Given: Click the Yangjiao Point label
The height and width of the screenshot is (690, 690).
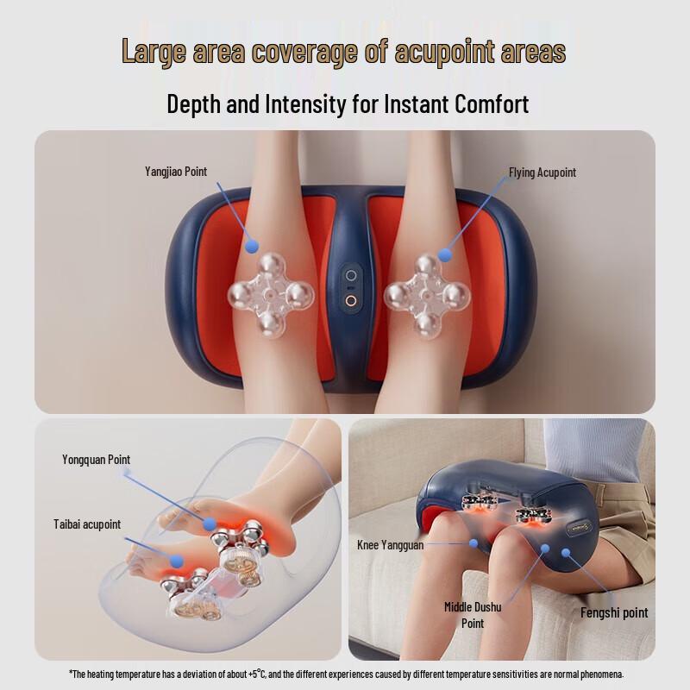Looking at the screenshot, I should (176, 172).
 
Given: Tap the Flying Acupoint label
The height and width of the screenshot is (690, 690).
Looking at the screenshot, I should (542, 172).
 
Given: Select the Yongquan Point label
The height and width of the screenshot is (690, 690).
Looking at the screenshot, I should (96, 460).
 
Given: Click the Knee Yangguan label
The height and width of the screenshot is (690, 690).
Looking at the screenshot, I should (390, 545).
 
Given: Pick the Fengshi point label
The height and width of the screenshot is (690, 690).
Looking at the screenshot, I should (613, 612).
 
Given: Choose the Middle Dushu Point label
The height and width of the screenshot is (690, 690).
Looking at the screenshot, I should (472, 614).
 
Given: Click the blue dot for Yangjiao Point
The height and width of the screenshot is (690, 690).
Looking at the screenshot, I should (251, 247).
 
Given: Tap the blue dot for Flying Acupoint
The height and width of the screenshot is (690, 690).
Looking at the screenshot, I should (445, 254).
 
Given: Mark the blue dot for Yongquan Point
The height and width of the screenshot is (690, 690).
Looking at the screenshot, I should (210, 524).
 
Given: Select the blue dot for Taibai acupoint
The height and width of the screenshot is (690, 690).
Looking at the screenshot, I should (177, 561).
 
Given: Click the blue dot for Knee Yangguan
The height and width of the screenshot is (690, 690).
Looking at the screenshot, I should (473, 543).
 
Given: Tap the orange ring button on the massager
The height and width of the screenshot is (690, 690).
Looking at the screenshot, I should (351, 301).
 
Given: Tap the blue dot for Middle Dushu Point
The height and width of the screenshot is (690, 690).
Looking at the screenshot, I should (546, 549).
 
